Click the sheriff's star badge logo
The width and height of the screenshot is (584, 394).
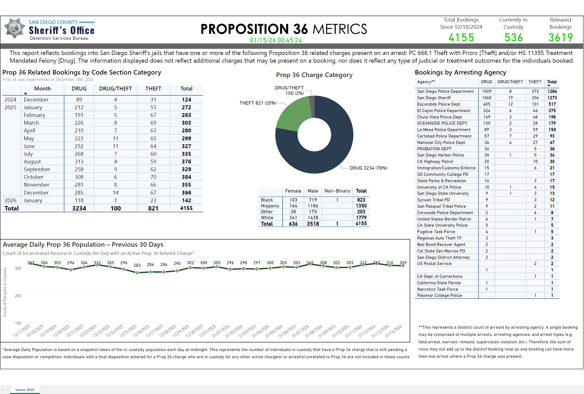click(x=15, y=28)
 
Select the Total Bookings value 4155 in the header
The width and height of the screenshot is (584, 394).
click(x=461, y=38)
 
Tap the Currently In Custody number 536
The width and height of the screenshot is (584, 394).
click(x=513, y=38)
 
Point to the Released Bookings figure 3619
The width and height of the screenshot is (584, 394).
click(x=561, y=38)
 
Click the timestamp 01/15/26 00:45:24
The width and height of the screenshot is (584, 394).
click(x=276, y=40)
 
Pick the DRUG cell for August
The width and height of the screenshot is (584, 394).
click(x=79, y=162)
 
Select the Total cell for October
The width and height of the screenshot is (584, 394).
click(x=186, y=177)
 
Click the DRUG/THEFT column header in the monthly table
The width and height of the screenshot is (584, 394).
click(x=116, y=89)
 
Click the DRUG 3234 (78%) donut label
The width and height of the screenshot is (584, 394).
click(x=368, y=168)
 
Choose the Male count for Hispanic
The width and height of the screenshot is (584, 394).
click(x=313, y=206)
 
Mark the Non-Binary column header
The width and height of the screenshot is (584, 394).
click(x=337, y=191)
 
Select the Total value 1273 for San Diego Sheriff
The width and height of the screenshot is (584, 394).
click(x=552, y=98)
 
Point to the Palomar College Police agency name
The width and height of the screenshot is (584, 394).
click(x=439, y=296)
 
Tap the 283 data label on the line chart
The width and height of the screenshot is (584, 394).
click(x=137, y=265)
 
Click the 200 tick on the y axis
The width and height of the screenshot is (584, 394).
click(x=18, y=296)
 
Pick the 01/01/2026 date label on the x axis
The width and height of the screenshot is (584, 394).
click(x=221, y=331)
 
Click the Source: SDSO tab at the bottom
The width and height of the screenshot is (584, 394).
click(x=25, y=390)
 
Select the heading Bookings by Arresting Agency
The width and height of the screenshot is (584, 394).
click(x=460, y=72)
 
